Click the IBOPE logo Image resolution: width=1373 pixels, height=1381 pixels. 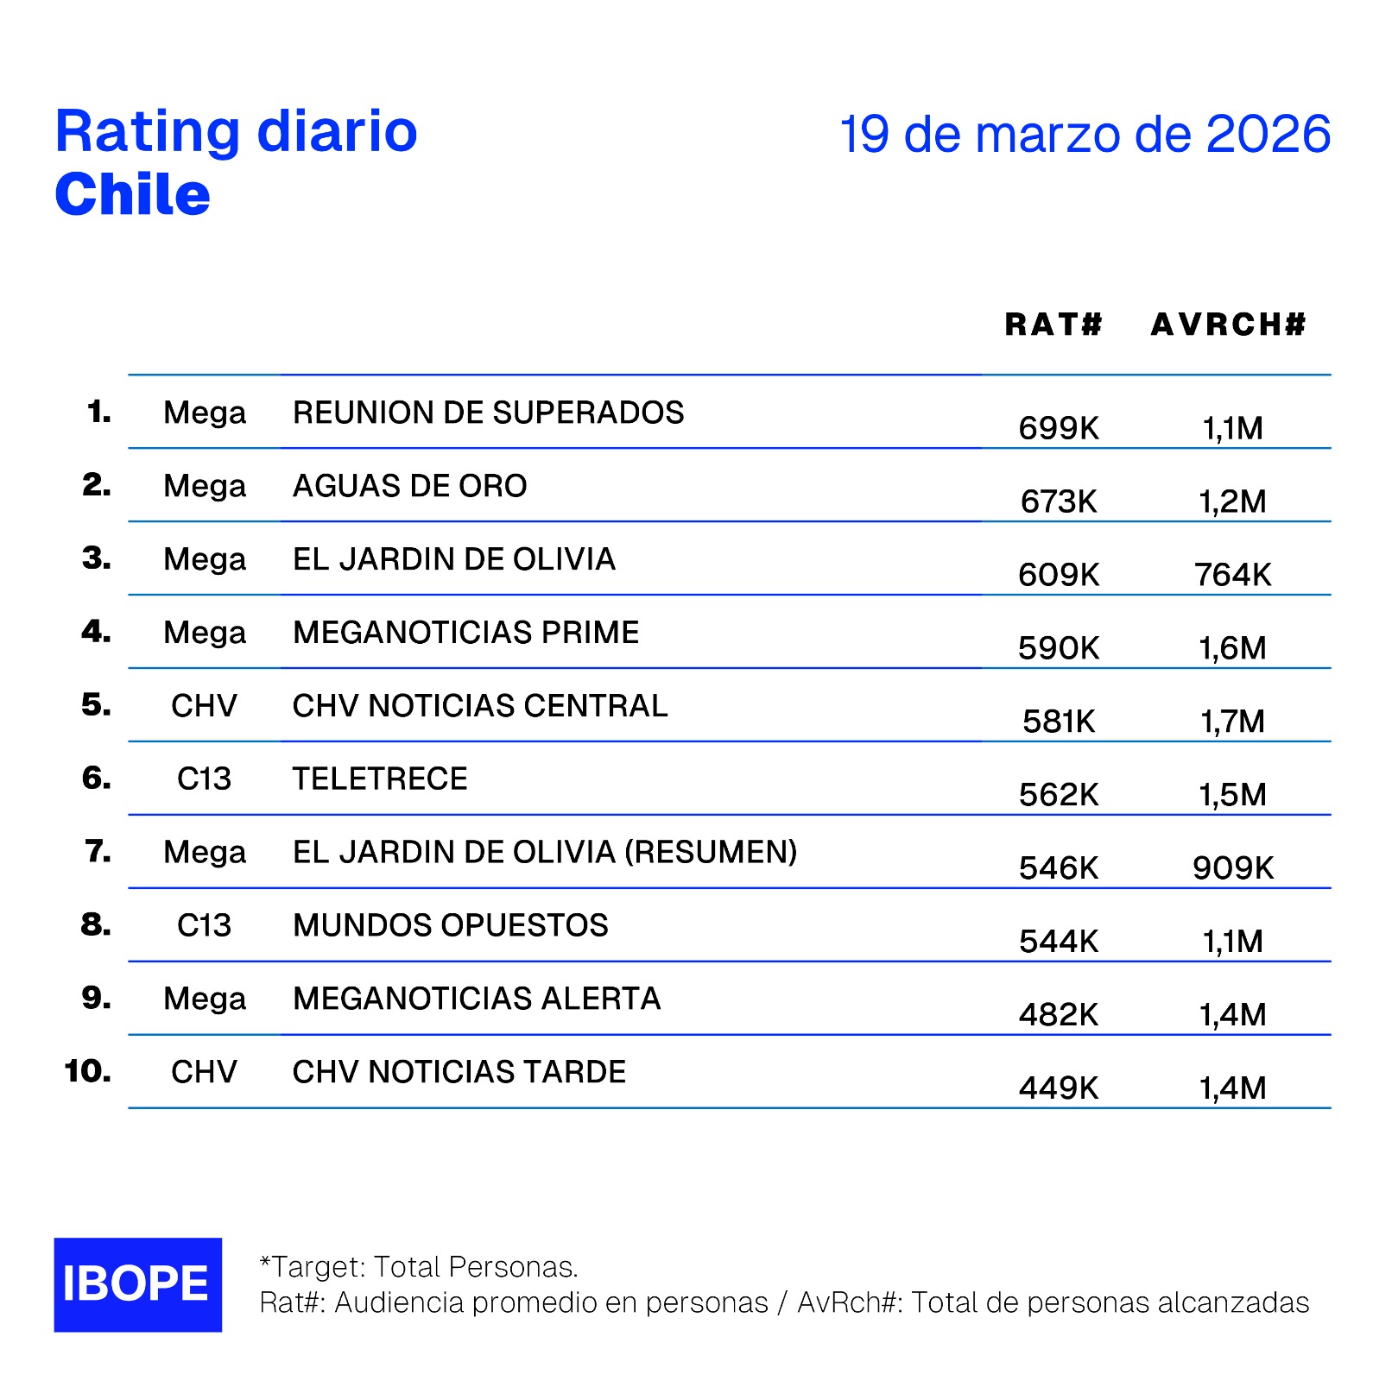pos(137,1284)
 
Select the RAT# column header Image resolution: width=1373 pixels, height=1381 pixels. pos(1053,325)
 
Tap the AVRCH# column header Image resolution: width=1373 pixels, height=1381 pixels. pos(1228,325)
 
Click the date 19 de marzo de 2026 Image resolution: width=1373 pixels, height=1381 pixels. pos(1085,135)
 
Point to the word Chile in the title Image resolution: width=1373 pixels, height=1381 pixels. pos(132,194)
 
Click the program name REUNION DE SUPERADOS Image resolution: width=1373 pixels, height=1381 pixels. pos(488,413)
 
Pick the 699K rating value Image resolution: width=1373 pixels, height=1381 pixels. pos(1059,428)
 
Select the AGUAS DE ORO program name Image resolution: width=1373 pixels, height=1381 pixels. pos(409,486)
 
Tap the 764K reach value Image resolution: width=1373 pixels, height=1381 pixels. pos(1232,575)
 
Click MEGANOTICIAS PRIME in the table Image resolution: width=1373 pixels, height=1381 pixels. pos(465,633)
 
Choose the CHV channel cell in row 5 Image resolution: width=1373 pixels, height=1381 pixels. pos(204,706)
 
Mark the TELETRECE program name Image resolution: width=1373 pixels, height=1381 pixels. pos(380,779)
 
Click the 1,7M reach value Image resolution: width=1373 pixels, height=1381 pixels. pos(1232,722)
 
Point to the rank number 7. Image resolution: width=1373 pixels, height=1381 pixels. pos(98,852)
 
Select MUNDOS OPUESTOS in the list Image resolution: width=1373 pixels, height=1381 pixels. pos(450,925)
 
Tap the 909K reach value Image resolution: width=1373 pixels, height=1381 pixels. pos(1232,868)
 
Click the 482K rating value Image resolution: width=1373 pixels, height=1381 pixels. pos(1059,1015)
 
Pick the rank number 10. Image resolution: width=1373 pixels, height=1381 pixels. pos(88,1072)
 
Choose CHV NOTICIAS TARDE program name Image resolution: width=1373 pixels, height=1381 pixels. pos(459,1072)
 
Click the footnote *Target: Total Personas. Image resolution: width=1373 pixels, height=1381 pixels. pos(419,1267)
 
